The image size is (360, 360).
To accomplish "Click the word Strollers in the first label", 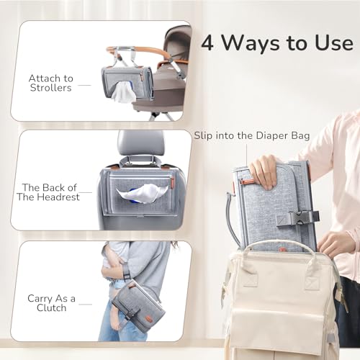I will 50,88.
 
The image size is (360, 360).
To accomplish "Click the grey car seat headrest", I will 136,143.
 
